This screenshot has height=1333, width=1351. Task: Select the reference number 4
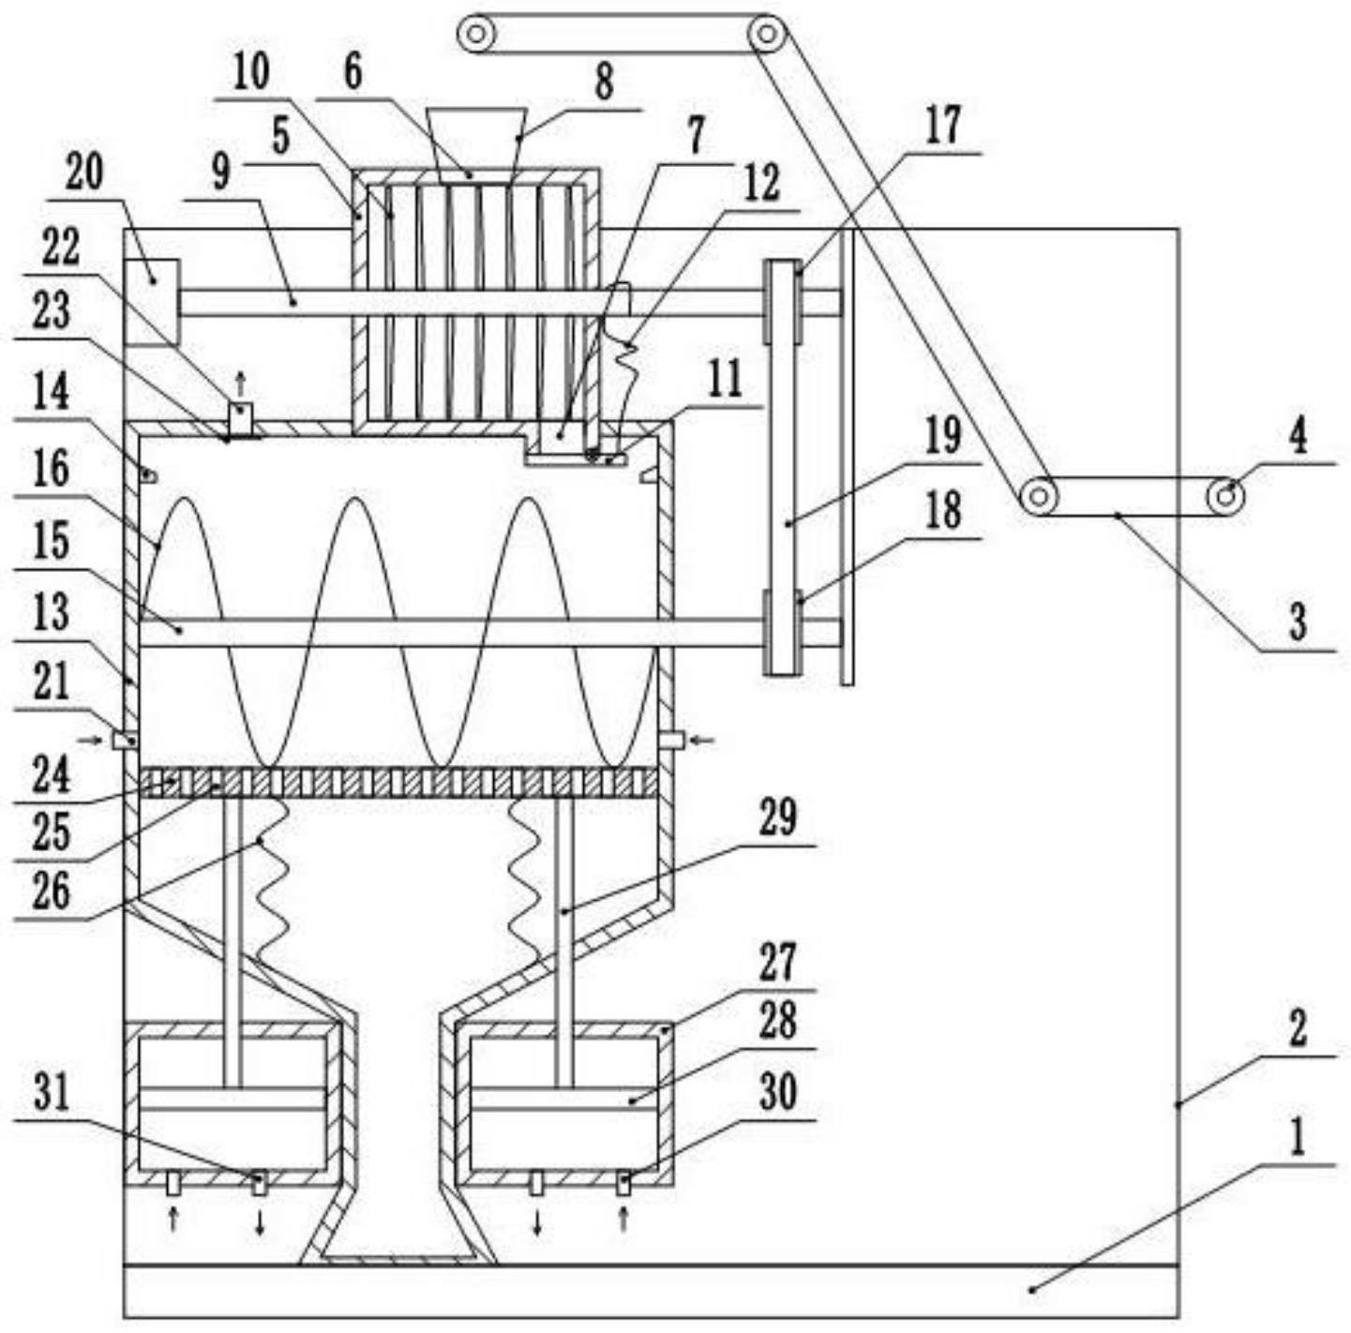(1298, 439)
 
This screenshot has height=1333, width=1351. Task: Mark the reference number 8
(604, 82)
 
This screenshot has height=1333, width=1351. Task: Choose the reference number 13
(52, 613)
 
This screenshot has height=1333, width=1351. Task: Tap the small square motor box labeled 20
(152, 302)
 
